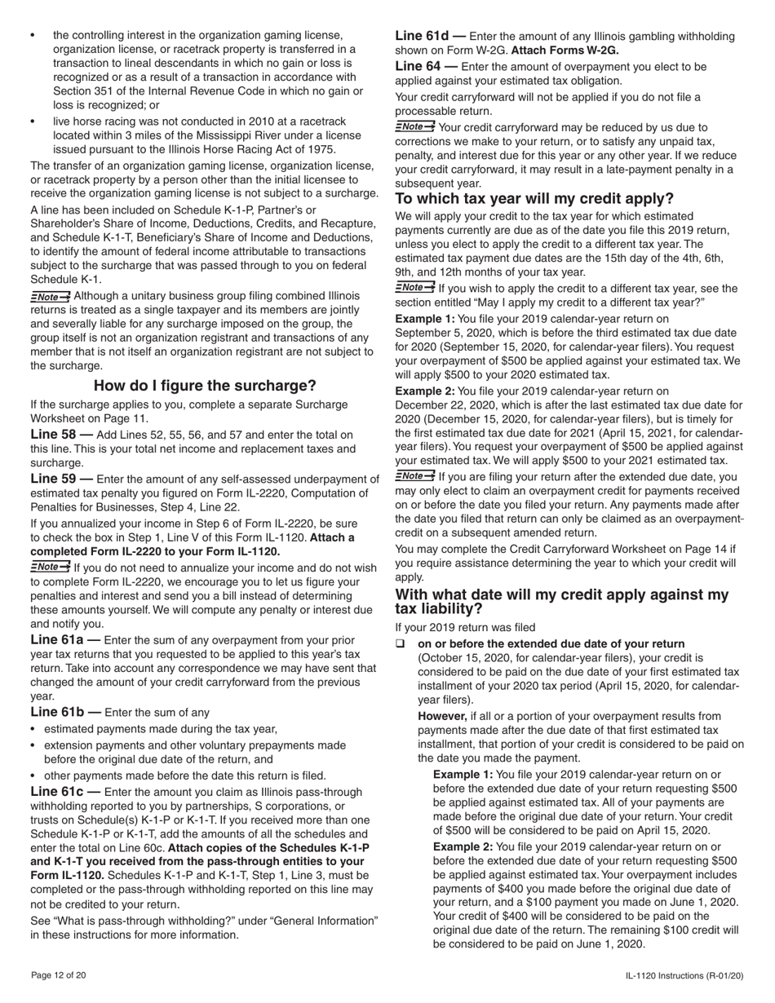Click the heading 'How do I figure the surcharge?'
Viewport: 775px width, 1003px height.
(x=205, y=386)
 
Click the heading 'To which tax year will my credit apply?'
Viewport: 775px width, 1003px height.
(x=534, y=199)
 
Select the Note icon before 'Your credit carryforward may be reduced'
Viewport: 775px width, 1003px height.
(x=414, y=127)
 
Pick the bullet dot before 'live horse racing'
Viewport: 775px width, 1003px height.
(x=33, y=121)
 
